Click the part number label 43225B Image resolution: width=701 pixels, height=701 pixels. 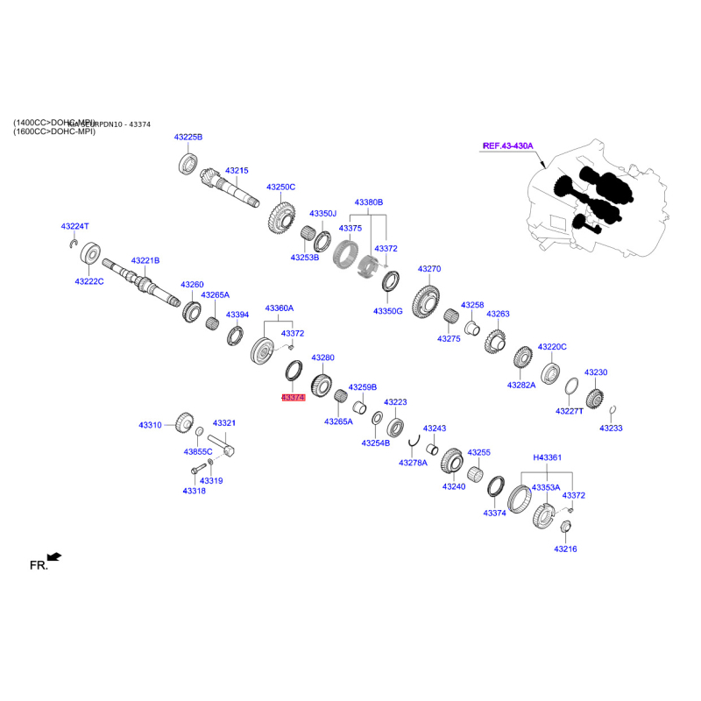188,138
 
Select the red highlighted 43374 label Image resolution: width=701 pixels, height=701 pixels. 293,398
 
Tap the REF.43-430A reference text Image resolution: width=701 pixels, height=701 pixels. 508,146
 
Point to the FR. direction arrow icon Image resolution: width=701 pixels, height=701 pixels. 54,556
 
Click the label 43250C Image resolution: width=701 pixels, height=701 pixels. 280,187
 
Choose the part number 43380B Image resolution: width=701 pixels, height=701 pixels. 369,202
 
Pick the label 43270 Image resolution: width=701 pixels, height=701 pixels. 429,269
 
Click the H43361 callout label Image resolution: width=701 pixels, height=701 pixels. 548,457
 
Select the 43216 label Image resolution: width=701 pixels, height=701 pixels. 565,549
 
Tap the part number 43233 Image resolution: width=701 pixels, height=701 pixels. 611,428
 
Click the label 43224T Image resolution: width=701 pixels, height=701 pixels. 75,226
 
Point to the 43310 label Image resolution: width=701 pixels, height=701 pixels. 150,425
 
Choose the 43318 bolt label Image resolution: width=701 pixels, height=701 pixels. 194,491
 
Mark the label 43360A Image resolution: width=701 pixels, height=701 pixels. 280,308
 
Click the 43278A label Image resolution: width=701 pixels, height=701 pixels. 413,463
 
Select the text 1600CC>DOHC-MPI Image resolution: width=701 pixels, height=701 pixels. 54,131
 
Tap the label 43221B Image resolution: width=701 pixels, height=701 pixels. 145,260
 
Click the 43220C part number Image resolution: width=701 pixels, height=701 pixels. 552,347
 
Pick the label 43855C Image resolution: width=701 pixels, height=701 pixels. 198,452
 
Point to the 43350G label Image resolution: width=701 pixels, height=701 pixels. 387,311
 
